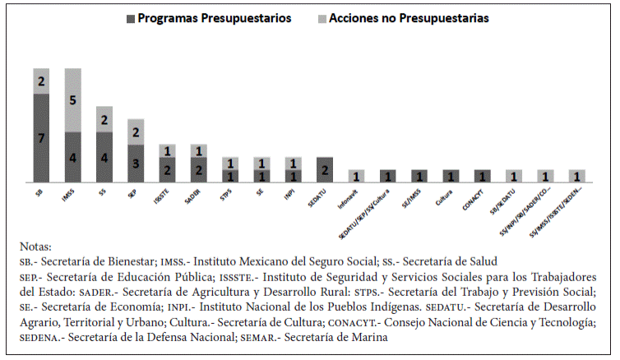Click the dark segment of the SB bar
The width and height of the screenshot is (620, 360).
click(40, 137)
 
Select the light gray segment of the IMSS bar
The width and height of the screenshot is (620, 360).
click(72, 99)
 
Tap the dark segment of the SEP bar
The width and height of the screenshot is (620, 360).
click(136, 164)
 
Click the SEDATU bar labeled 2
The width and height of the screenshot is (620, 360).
click(324, 169)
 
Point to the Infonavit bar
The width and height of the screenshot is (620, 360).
click(356, 176)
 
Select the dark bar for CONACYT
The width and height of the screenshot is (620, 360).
click(482, 176)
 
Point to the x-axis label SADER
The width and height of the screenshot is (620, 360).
click(197, 195)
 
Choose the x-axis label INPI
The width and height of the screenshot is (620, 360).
click(293, 194)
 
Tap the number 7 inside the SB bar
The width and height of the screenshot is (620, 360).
click(40, 137)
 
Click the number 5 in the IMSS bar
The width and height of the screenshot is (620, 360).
click(72, 100)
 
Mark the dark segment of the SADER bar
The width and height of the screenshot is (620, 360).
click(198, 169)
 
